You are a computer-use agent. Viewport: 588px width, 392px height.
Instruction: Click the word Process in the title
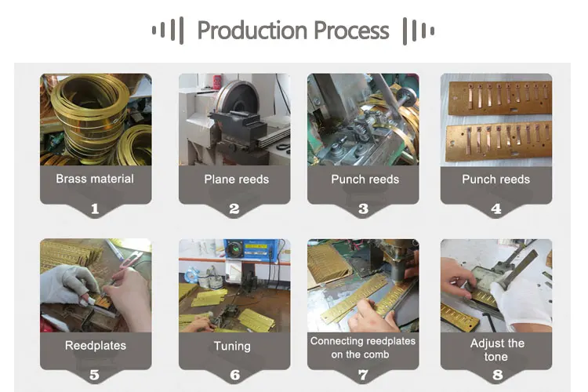(x=350, y=31)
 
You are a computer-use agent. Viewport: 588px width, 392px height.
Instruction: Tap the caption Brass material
(x=95, y=179)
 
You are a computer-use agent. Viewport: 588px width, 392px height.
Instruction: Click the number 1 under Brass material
(x=95, y=209)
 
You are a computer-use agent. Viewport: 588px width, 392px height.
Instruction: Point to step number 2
(x=234, y=209)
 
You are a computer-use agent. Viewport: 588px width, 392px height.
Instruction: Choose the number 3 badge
(x=363, y=209)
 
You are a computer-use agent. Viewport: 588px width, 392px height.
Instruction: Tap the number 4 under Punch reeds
(x=495, y=209)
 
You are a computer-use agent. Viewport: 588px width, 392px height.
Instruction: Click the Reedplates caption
(x=95, y=345)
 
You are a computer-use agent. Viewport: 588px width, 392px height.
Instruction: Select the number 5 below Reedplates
(x=95, y=375)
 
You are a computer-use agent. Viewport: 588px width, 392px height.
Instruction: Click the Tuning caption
(x=232, y=346)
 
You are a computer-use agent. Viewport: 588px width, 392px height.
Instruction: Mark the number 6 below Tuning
(x=234, y=375)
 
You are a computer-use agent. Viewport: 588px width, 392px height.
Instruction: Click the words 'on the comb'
(x=363, y=355)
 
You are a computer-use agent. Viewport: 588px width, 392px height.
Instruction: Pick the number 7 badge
(x=363, y=375)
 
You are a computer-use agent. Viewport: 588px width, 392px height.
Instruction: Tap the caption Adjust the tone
(x=496, y=350)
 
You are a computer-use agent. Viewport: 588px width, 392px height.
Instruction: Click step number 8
(x=497, y=375)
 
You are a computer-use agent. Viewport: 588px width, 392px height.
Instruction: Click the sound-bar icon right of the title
(x=418, y=31)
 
